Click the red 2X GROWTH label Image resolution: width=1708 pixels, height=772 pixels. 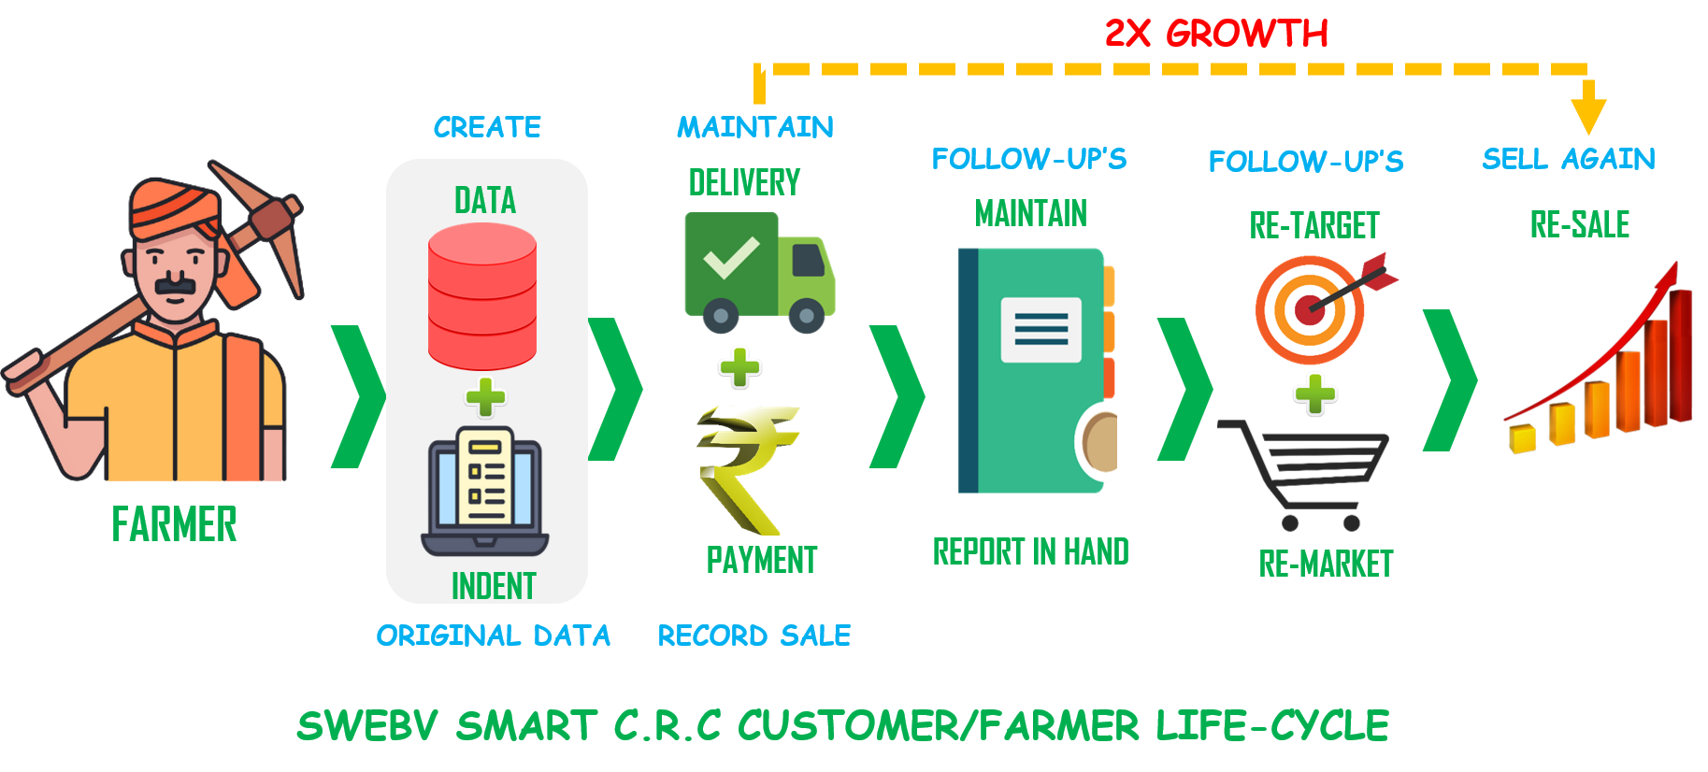click(x=1216, y=34)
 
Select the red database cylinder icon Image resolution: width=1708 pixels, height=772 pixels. click(x=482, y=297)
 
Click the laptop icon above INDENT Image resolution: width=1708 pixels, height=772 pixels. click(x=484, y=492)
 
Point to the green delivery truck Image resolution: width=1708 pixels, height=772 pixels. click(x=759, y=272)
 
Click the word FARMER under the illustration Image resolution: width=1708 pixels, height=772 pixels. click(x=174, y=524)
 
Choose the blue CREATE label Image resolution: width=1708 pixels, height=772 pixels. click(x=487, y=127)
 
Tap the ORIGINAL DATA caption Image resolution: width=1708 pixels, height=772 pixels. click(x=493, y=636)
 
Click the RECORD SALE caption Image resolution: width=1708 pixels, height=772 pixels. click(x=754, y=636)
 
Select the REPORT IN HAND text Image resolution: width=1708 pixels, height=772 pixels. click(x=1030, y=552)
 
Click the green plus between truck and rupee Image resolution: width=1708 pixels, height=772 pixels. click(x=739, y=367)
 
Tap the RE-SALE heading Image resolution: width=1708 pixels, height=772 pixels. click(x=1579, y=224)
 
